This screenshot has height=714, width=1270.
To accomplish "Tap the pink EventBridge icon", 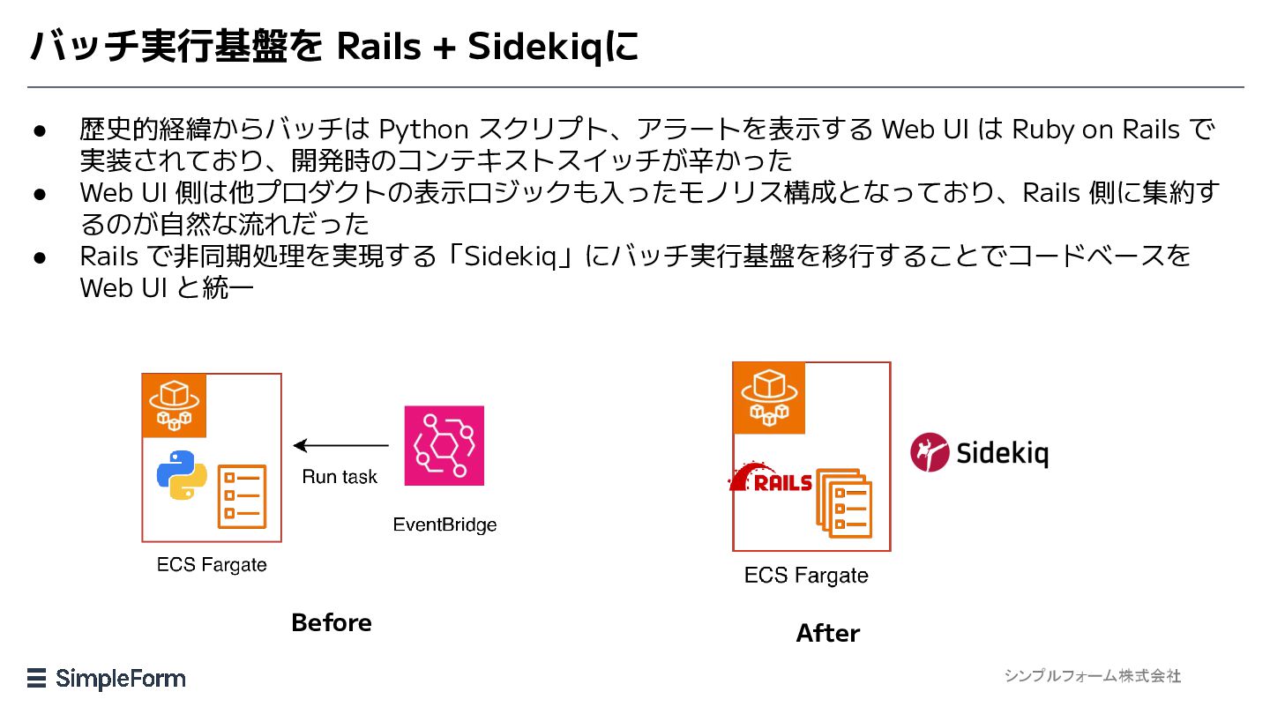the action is [444, 445].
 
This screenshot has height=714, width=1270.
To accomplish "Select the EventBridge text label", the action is [444, 525].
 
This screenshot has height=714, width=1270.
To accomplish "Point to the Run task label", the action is [340, 477].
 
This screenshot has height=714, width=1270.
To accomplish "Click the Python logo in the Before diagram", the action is [182, 475].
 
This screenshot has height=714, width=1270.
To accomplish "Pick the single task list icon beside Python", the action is [241, 496].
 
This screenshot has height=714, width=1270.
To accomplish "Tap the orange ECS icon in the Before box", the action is [175, 405].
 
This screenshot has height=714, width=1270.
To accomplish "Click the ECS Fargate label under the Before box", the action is [212, 564].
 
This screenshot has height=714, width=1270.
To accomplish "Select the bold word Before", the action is [332, 622].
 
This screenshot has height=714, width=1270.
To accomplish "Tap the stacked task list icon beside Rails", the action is [844, 503].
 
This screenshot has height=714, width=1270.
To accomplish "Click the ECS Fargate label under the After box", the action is [806, 576].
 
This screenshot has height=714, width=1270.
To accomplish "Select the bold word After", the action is [827, 633].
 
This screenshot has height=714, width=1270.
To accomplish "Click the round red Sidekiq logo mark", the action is [930, 452].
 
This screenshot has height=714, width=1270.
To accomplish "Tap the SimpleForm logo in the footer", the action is [107, 679].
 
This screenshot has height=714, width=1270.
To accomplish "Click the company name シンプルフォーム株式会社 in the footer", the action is [1092, 676].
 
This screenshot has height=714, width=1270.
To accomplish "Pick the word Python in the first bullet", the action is [423, 130].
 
